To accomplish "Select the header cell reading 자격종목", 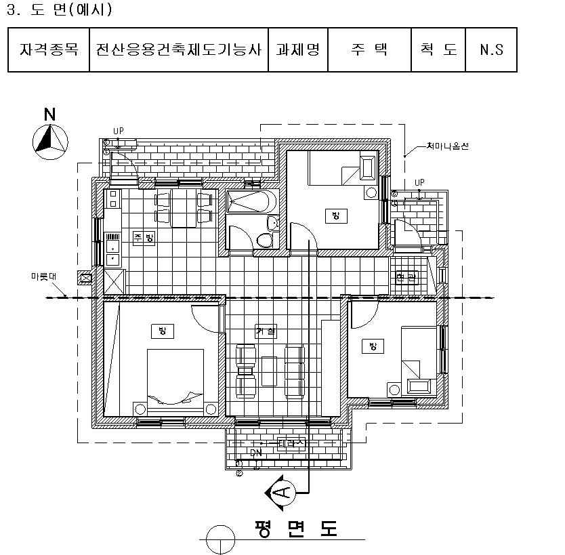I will [48, 49].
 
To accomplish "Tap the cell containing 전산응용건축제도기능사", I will [179, 49].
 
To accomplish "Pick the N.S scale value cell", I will [491, 49].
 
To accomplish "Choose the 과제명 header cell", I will [298, 49].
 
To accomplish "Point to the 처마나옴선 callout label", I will [448, 146].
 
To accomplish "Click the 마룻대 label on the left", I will [43, 276].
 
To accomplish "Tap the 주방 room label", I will [144, 237].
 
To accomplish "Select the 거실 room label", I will [266, 331].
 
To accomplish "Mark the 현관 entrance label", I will [408, 278].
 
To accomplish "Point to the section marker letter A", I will [284, 491].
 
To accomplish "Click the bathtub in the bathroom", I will [250, 202].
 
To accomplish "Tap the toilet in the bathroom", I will [265, 239].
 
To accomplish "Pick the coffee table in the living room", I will [270, 371].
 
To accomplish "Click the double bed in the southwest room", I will [175, 379].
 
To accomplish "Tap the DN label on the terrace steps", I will [255, 453].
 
